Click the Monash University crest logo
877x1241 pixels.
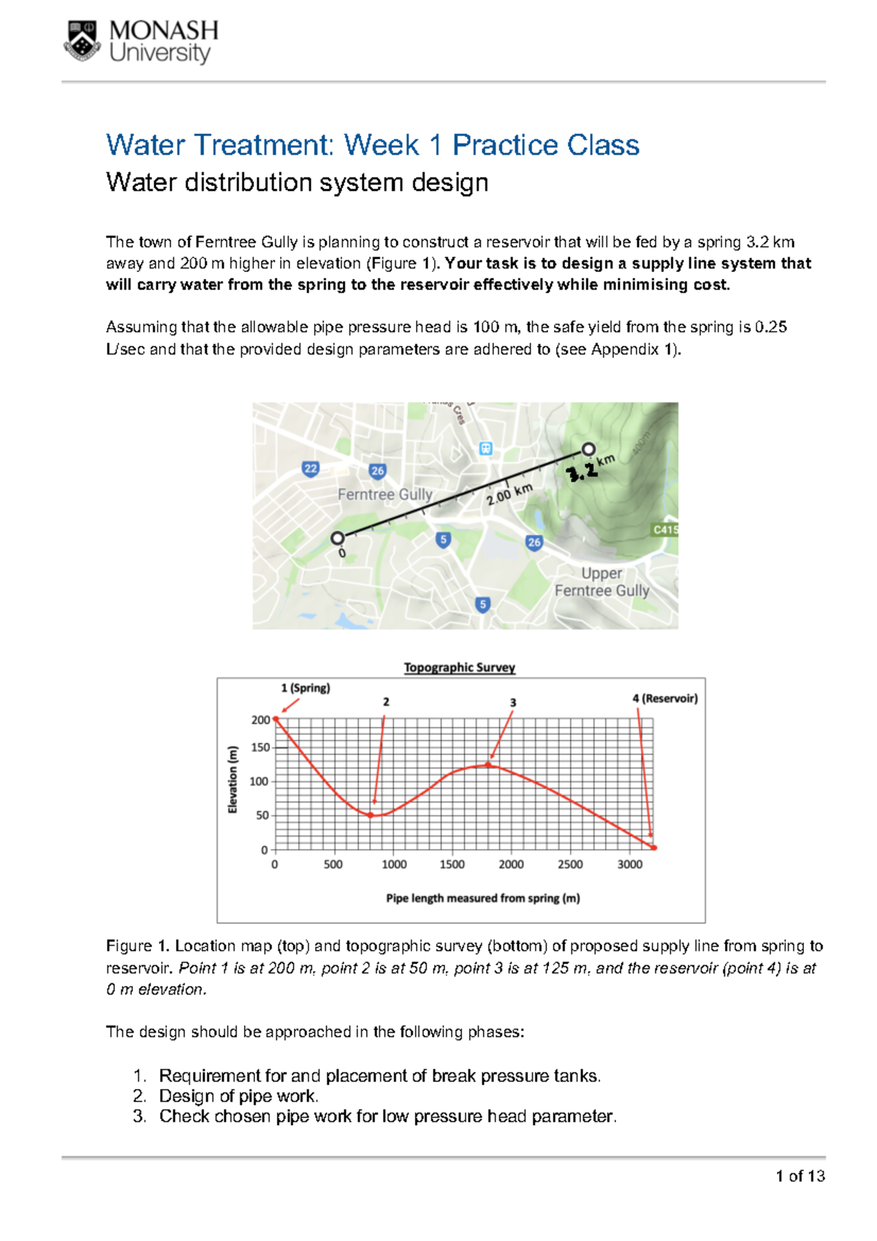point(83,41)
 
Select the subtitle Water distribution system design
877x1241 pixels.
point(297,182)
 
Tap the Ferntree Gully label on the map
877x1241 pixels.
point(384,495)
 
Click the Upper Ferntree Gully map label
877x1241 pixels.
point(601,582)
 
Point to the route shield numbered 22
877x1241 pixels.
point(311,469)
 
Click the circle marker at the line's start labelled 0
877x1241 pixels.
point(337,539)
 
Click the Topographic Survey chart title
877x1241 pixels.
point(460,667)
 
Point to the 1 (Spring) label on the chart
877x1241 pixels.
point(305,688)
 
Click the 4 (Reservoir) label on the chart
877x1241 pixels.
point(664,698)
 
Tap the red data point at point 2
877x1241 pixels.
point(371,815)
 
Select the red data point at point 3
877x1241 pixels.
point(488,765)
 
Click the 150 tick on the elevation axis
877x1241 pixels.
point(260,748)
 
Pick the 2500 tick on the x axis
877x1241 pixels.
point(570,865)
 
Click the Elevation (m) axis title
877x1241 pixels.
point(233,779)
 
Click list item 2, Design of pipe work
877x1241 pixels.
point(238,1096)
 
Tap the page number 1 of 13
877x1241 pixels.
point(800,1176)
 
